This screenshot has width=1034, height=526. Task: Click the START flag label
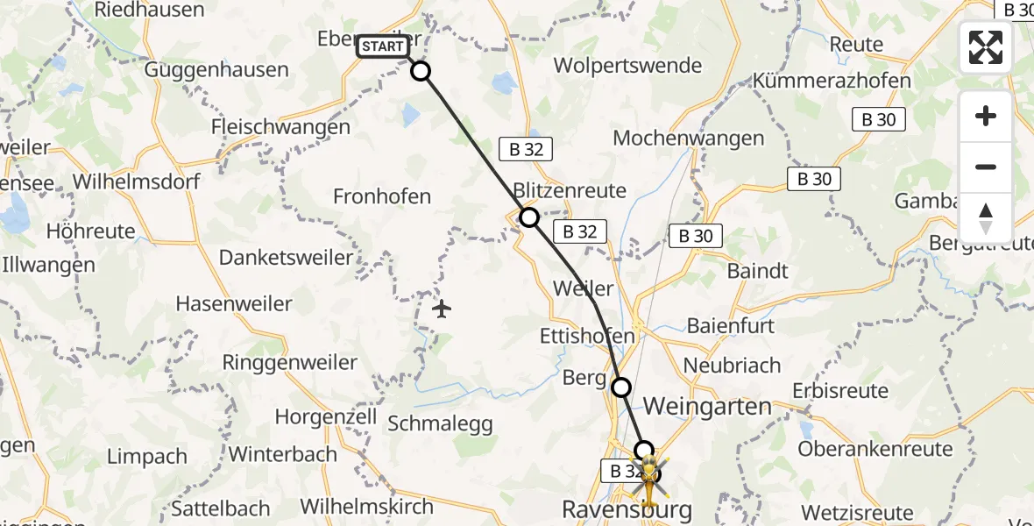click(x=383, y=46)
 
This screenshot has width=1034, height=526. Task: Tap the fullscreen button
click(x=986, y=47)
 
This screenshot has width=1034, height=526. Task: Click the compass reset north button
click(x=986, y=218)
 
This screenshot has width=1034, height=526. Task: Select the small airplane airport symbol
click(x=442, y=309)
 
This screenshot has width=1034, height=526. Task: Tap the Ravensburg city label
click(x=627, y=508)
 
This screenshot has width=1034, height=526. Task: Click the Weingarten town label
click(x=708, y=407)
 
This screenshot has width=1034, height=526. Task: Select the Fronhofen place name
click(x=382, y=196)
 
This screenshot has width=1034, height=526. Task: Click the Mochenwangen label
click(x=689, y=138)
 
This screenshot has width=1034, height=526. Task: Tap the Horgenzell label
click(x=326, y=416)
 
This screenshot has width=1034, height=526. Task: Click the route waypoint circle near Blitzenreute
click(x=529, y=217)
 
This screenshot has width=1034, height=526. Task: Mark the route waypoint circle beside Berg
click(x=621, y=387)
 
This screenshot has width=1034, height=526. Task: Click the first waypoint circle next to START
click(x=421, y=71)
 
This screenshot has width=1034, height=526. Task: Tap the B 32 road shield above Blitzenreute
click(x=527, y=150)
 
